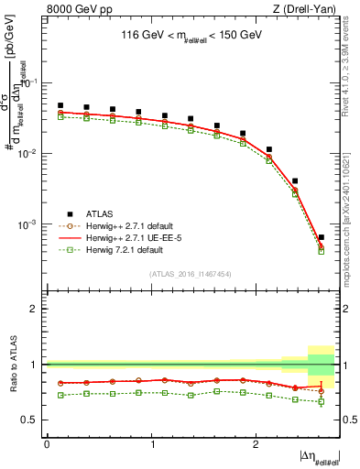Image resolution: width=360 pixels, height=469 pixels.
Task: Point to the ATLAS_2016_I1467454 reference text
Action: [190, 273]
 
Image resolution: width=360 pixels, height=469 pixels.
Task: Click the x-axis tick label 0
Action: [47, 443]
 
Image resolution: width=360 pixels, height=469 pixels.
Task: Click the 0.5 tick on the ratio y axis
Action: [31, 420]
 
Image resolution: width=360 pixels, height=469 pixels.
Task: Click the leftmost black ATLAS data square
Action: [60, 105]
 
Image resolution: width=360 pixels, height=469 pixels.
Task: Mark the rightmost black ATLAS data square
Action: [321, 237]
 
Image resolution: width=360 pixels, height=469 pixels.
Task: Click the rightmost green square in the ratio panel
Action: [321, 401]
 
